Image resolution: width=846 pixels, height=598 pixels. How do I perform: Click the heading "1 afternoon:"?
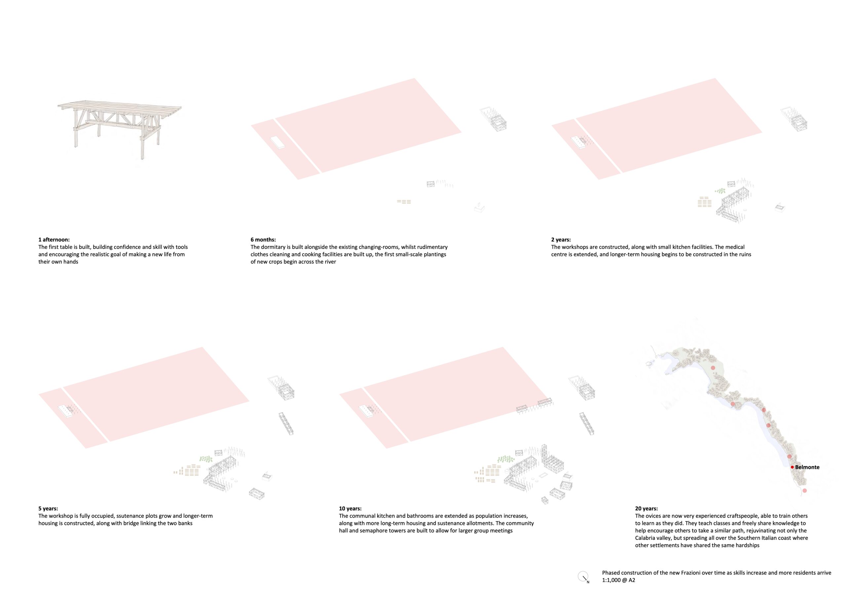coord(54,240)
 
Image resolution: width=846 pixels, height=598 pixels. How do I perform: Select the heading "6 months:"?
coord(263,240)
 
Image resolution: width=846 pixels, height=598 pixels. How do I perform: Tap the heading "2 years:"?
coord(561,240)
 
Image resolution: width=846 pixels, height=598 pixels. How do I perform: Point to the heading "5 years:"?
coord(48,509)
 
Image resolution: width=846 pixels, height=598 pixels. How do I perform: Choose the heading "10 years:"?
coord(350,509)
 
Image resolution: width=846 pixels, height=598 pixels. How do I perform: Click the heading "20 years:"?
coord(646,509)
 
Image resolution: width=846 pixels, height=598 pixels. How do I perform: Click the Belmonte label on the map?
coord(807,467)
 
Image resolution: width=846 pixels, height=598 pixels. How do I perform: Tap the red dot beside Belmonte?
coord(792,467)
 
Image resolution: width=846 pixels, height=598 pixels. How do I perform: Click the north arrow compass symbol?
coord(583,576)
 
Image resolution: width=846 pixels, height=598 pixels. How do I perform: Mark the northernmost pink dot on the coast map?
coord(713,368)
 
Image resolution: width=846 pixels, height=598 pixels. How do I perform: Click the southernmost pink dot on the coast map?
coord(804,490)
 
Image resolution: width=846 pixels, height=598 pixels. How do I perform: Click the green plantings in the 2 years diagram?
coord(720,191)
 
